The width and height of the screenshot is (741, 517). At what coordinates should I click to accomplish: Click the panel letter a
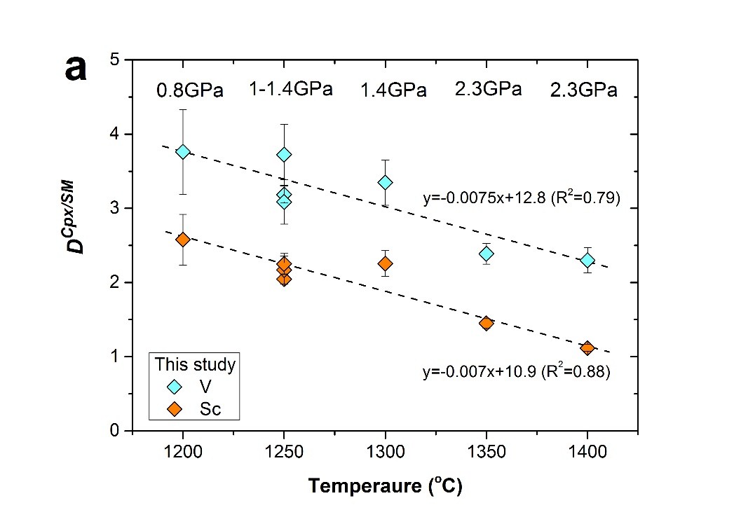(75, 69)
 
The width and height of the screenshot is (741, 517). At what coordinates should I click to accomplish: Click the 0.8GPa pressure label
(189, 91)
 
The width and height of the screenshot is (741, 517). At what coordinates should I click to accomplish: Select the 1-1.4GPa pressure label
(290, 90)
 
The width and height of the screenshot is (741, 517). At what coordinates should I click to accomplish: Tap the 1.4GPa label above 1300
(393, 91)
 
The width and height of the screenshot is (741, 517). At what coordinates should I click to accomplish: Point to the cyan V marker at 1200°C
(183, 152)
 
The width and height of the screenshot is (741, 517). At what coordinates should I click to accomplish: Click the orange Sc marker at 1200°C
(183, 240)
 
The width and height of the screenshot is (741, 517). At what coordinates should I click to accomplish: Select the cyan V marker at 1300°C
(385, 182)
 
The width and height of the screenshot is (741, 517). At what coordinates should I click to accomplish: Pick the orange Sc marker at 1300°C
(385, 263)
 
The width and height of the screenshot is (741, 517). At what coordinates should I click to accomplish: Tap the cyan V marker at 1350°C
(486, 254)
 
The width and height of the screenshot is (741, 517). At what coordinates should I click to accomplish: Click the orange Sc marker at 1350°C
(486, 323)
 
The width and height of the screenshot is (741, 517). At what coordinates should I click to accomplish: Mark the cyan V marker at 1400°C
(587, 261)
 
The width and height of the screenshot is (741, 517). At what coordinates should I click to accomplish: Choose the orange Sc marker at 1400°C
(587, 348)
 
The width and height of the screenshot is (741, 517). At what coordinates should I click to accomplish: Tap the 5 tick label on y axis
(114, 60)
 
